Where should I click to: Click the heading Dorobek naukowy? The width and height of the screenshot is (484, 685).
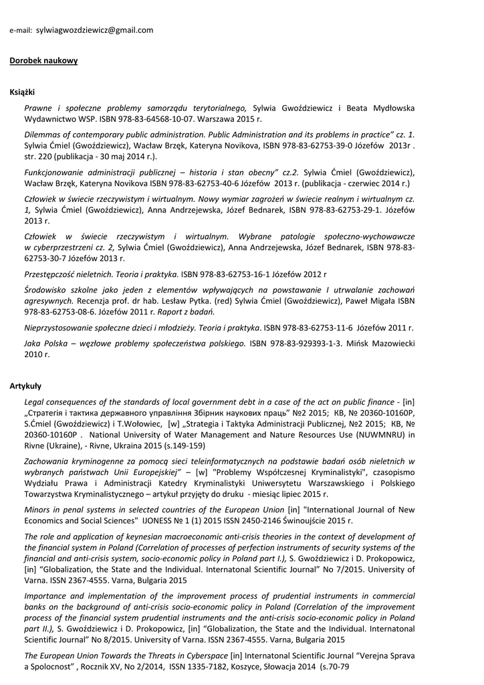point(43,61)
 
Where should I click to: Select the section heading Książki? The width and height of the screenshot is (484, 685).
point(22,92)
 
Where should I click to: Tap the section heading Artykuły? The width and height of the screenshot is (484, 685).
point(25,386)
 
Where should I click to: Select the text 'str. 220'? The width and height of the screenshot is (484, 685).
point(38,157)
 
